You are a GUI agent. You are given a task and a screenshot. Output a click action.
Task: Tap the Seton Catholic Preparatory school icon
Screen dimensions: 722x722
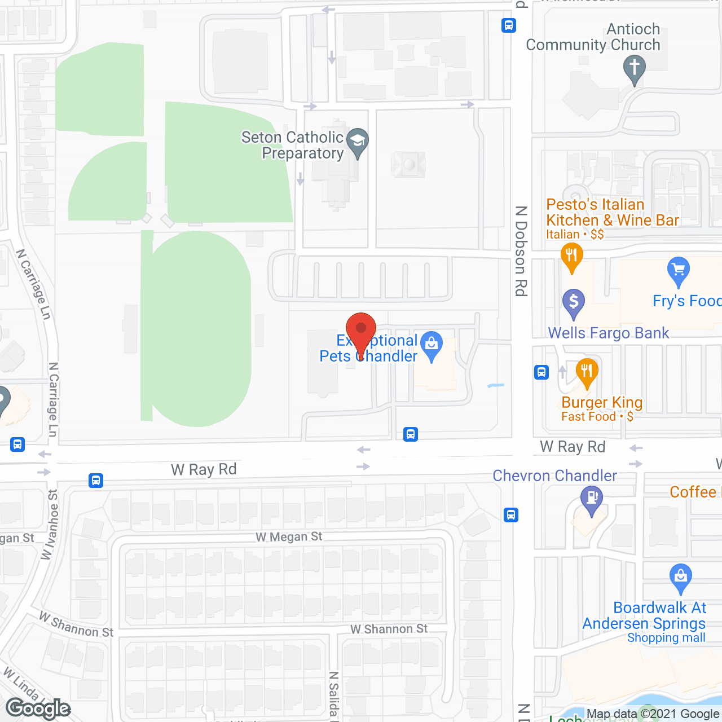(x=357, y=141)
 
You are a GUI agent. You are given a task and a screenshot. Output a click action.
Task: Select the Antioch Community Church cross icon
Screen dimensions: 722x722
(x=634, y=68)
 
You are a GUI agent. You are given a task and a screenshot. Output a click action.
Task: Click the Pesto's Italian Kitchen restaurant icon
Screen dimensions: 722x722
(x=571, y=257)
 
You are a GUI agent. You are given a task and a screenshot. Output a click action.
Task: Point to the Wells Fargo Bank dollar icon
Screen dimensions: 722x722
(x=574, y=302)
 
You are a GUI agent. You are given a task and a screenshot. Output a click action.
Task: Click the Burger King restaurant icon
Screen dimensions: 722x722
(x=587, y=372)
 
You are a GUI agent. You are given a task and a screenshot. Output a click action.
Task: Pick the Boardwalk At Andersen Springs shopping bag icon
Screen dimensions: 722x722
(x=681, y=577)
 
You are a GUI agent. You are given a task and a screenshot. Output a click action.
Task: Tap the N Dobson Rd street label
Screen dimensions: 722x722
(x=521, y=251)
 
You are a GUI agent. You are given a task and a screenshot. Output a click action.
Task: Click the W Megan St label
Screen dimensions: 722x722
(x=289, y=536)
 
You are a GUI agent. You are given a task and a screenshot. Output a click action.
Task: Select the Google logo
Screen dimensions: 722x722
(x=38, y=708)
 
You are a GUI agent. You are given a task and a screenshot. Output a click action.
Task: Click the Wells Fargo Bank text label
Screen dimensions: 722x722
(x=609, y=333)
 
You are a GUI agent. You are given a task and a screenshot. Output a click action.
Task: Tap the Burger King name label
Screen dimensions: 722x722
(x=602, y=402)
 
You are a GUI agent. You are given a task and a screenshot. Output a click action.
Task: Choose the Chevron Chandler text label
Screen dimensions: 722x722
(x=554, y=476)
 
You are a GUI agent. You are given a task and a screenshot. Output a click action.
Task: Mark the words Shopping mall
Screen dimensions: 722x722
(x=666, y=637)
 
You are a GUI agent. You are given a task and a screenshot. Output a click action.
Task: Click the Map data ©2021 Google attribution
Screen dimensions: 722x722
(x=653, y=714)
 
